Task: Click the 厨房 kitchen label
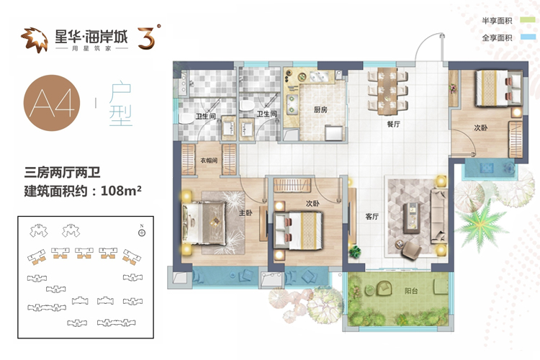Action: pos(320,110)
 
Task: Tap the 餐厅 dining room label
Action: pos(393,124)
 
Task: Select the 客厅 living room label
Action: pos(372,217)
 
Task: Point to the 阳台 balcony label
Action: pos(411,291)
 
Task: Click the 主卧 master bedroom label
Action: pos(246,213)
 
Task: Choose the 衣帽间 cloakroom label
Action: pos(209,160)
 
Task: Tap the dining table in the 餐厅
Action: pos(388,91)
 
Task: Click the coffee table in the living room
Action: pos(412,217)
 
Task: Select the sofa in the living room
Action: pos(439,215)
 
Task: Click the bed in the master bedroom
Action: pos(204,223)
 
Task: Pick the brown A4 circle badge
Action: pos(52,103)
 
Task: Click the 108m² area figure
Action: pos(121,191)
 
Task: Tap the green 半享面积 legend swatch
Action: pos(528,20)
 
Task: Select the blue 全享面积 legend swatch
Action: pos(528,37)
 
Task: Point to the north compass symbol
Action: pos(142,232)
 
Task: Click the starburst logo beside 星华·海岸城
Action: pos(34,40)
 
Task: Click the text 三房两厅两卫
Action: pos(62,172)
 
